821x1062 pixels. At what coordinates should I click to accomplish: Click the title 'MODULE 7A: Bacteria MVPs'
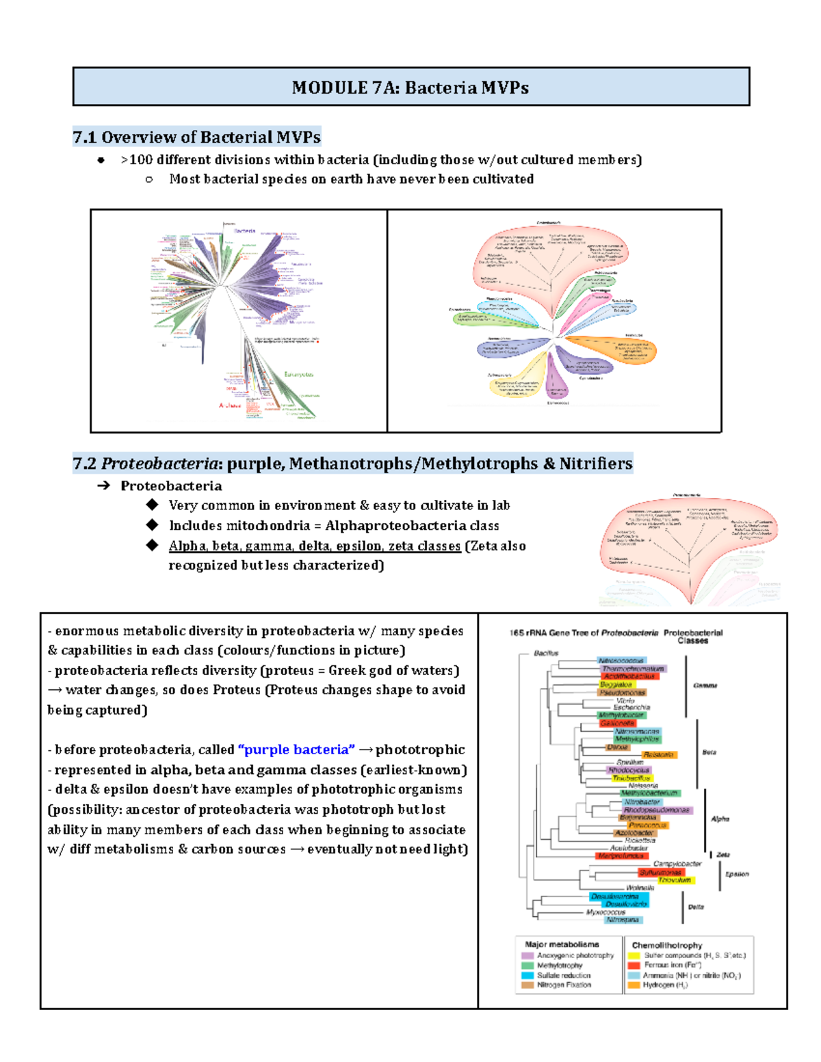pos(410,88)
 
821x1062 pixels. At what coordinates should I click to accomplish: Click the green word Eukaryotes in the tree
pos(299,374)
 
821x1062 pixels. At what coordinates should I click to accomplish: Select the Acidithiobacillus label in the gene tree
pos(629,676)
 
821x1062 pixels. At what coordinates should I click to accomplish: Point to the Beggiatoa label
pos(616,685)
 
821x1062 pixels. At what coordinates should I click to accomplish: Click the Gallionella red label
pos(618,723)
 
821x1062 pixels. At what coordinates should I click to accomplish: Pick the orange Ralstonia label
pos(659,755)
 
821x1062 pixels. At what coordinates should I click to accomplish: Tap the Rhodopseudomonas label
pos(656,810)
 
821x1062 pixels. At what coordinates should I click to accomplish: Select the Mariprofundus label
pos(621,855)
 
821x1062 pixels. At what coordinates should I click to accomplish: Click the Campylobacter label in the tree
pos(677,864)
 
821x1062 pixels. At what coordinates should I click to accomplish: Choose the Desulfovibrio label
pos(626,904)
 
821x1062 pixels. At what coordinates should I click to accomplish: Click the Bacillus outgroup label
pos(546,653)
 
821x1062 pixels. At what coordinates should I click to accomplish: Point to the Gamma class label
pos(705,685)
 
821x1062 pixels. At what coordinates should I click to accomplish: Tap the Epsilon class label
pos(737,874)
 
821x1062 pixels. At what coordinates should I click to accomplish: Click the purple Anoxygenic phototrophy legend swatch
pos(527,955)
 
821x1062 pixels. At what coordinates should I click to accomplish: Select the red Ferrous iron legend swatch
pos(634,966)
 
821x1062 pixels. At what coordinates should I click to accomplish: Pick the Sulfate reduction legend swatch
pos(527,975)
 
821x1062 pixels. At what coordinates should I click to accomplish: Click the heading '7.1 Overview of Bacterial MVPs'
pos(196,137)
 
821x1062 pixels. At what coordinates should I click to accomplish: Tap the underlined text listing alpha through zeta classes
pos(315,546)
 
